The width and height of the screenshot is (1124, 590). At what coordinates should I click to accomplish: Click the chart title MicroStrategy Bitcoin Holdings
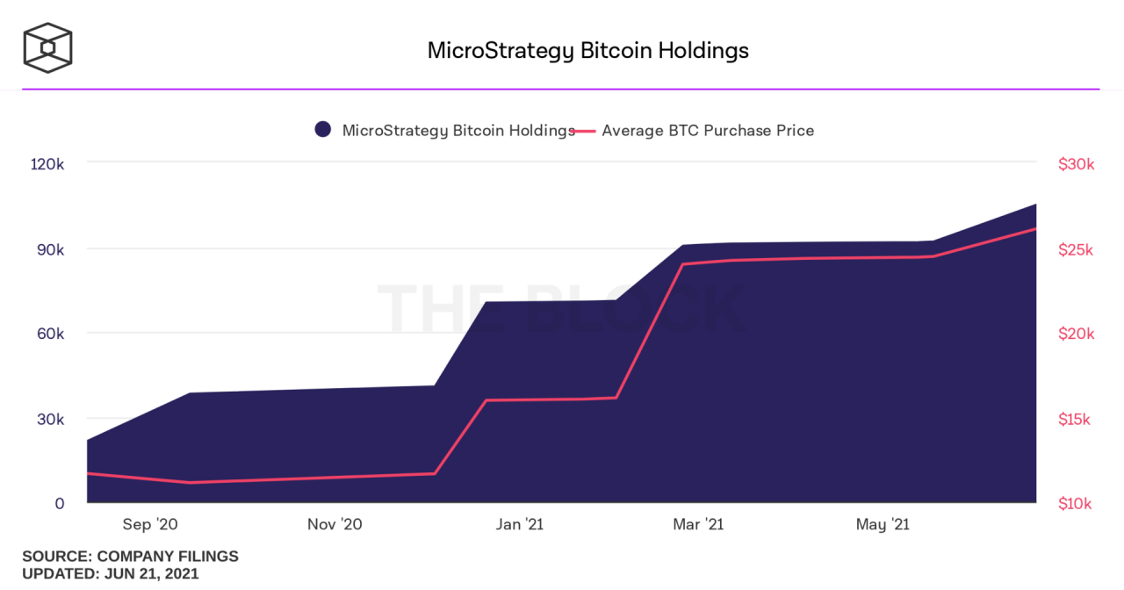coord(587,50)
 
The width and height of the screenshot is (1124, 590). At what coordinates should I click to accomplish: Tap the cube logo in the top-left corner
coord(47,47)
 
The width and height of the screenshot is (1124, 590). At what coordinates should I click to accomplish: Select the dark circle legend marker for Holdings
coord(322,130)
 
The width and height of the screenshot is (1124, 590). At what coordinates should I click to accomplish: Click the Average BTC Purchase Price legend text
coord(707,131)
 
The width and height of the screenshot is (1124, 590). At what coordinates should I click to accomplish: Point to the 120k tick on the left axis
coord(47,164)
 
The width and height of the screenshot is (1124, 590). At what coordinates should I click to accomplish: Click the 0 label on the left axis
coord(60,503)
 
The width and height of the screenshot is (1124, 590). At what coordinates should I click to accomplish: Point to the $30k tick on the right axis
coord(1076,164)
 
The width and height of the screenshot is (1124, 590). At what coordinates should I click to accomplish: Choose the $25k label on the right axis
coord(1076,249)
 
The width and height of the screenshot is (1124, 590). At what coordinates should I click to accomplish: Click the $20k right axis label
coord(1076,334)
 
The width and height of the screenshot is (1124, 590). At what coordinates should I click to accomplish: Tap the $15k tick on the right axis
coord(1075,419)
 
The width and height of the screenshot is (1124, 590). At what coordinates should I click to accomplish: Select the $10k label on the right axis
coord(1075,503)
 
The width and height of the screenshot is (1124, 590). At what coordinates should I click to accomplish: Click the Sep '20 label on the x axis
coord(150,524)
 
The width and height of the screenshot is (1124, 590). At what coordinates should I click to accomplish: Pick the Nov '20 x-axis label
coord(335,524)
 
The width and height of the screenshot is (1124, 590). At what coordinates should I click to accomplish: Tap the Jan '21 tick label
coord(519,524)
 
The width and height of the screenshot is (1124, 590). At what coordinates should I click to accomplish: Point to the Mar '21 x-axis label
coord(698,524)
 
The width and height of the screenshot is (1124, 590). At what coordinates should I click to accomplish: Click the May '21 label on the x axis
coord(883,524)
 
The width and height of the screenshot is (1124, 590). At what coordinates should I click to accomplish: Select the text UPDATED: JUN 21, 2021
coord(111,574)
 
